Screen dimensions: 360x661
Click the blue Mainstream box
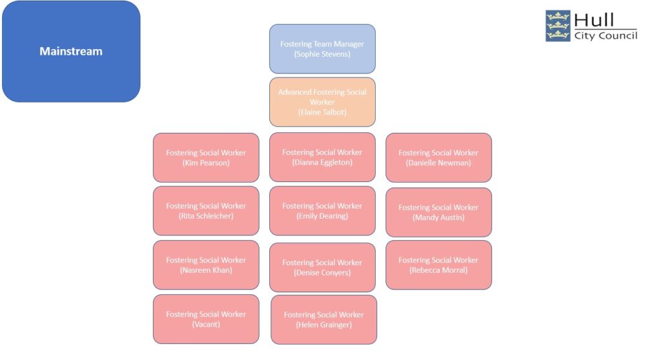[71, 52]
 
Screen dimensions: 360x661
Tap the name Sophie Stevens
[322, 54]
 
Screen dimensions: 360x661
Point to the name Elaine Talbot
[322, 112]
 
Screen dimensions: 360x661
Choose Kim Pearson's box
[206, 157]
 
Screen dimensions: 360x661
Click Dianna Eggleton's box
[322, 157]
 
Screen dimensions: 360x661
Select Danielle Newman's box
[438, 157]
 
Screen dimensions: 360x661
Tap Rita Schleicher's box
[206, 210]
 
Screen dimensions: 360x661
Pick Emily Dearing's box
[322, 210]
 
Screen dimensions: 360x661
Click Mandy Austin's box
[438, 212]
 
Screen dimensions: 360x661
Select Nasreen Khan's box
[206, 265]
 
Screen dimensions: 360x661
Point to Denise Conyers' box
[322, 267]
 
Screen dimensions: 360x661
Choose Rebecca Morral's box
[438, 265]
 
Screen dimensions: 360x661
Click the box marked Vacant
[206, 319]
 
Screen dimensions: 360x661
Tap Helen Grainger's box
[323, 319]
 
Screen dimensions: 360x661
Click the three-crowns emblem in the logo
[558, 26]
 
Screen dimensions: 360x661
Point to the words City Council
[605, 35]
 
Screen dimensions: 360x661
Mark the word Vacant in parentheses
[206, 324]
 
